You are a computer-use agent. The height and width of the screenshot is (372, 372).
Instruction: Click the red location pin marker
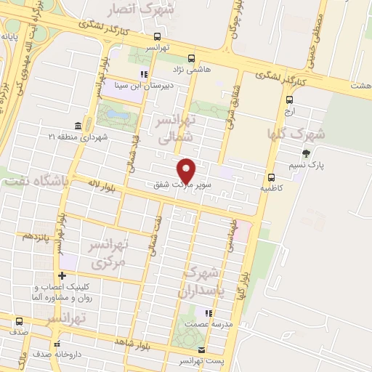coord(187,170)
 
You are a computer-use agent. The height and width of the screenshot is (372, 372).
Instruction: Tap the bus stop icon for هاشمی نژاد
coord(192,59)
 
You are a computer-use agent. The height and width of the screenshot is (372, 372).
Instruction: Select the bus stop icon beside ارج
coord(290,101)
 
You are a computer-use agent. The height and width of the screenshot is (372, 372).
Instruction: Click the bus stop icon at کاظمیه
coord(271,177)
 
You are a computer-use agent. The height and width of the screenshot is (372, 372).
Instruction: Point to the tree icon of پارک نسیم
coord(306,153)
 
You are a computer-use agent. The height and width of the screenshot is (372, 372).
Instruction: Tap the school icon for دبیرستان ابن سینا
coord(144,73)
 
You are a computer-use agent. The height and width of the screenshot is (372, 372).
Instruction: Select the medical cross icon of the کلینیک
coord(62,276)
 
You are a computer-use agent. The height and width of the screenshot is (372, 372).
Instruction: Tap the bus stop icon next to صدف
coord(18,320)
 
